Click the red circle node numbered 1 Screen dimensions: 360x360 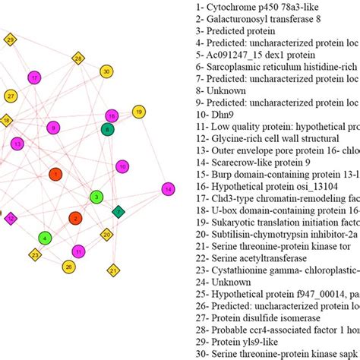coord(55,174)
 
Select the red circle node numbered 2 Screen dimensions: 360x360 coord(74,218)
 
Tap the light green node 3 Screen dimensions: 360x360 coord(96,197)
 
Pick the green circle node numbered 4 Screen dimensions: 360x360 coord(46,238)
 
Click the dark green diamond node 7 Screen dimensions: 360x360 coord(118,211)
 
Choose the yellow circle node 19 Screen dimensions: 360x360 coord(139,112)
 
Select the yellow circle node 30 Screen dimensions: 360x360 coord(106,71)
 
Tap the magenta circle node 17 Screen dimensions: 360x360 coord(34,77)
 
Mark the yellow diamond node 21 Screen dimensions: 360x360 coord(113,269)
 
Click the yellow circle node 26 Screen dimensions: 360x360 coord(69,266)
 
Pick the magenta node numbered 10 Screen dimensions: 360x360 coord(122,166)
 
